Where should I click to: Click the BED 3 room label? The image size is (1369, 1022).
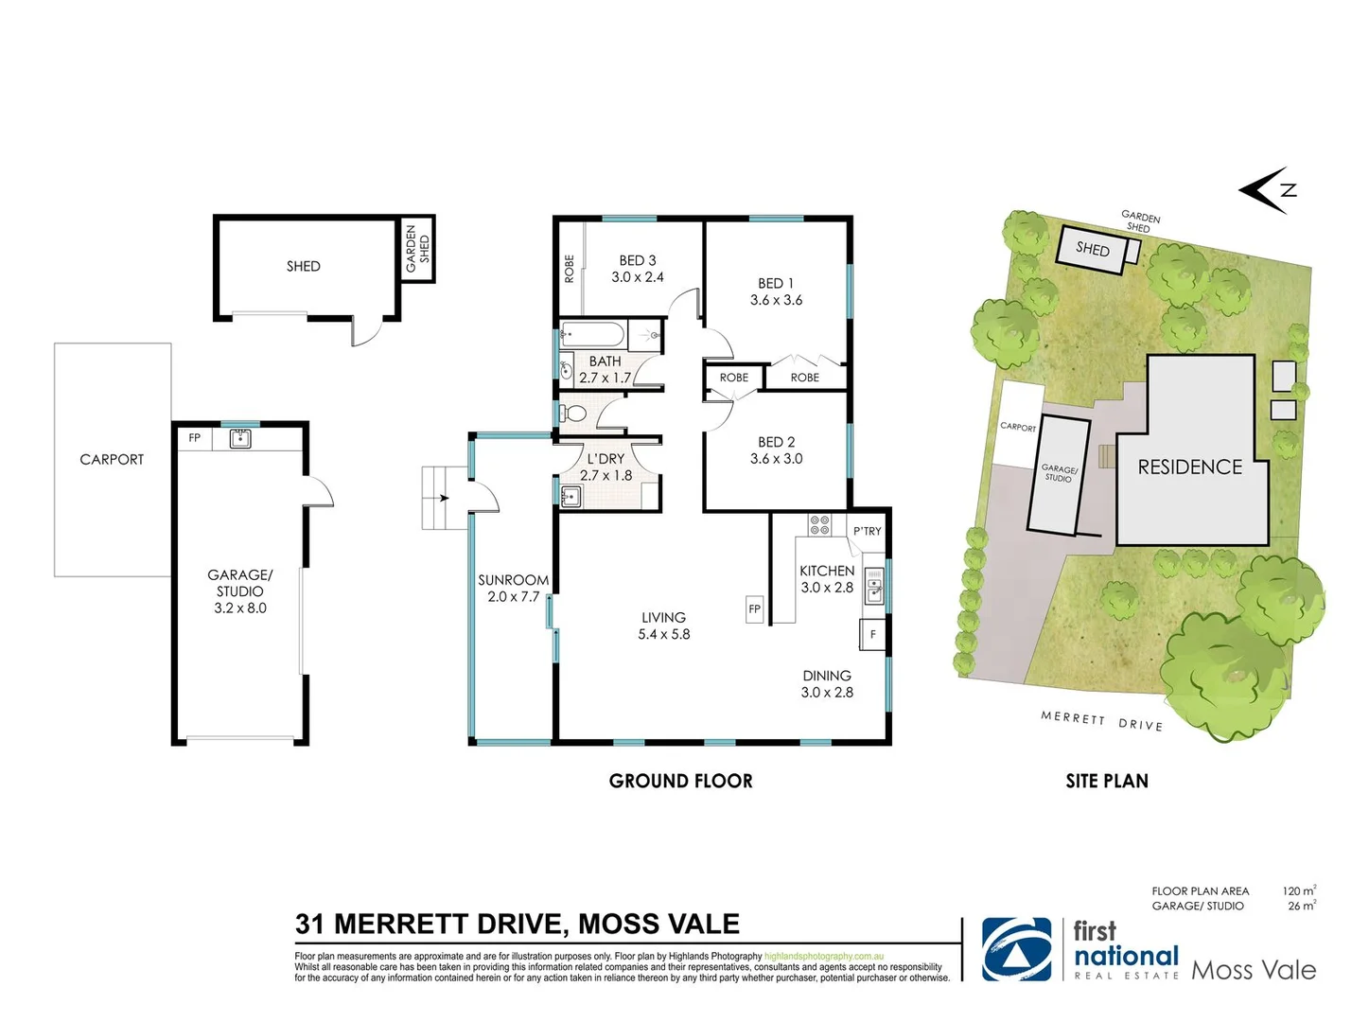[x=637, y=260]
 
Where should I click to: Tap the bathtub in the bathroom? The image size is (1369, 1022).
[x=592, y=334]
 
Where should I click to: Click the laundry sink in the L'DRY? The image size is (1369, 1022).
[x=570, y=496]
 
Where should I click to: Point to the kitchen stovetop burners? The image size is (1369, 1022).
[x=819, y=524]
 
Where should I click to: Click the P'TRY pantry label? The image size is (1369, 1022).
[x=867, y=531]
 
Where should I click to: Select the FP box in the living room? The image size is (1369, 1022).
[x=754, y=608]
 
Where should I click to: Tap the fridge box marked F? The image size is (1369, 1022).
[x=872, y=634]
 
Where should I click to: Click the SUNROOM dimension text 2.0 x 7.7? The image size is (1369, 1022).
[x=513, y=596]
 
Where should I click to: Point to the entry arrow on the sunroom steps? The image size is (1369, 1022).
[x=443, y=498]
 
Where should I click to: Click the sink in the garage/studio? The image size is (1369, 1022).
[x=240, y=438]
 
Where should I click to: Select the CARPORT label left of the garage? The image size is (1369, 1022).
[x=112, y=459]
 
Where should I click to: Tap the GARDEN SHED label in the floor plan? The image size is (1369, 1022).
[x=417, y=249]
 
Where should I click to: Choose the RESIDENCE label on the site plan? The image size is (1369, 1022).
[x=1189, y=467]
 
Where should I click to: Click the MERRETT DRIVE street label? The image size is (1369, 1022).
[x=1101, y=721]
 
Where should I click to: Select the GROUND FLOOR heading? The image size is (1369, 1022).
[x=680, y=781]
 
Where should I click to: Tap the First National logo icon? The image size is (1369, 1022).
[x=1016, y=949]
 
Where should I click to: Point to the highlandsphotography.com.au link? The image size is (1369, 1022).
[x=823, y=957]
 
